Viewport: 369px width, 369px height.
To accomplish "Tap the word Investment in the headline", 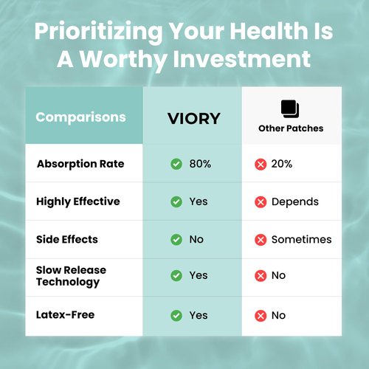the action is pyautogui.click(x=242, y=59).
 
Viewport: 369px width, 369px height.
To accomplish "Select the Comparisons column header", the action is pyautogui.click(x=80, y=117).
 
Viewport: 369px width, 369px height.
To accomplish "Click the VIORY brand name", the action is pyautogui.click(x=194, y=119).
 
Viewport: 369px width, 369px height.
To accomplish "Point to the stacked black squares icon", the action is pyautogui.click(x=290, y=109).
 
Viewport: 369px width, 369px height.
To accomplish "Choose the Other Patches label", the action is pyautogui.click(x=291, y=128).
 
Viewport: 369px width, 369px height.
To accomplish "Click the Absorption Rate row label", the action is pyautogui.click(x=80, y=164).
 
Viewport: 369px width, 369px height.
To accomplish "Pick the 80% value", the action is pyautogui.click(x=200, y=164).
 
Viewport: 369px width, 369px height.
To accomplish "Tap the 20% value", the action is pyautogui.click(x=282, y=164).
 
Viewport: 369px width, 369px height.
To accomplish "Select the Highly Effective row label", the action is pyautogui.click(x=78, y=201).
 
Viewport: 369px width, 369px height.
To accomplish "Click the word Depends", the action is pyautogui.click(x=295, y=202).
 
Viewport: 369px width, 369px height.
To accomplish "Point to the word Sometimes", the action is pyautogui.click(x=302, y=239).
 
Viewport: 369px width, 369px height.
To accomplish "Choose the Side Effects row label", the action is pyautogui.click(x=67, y=239).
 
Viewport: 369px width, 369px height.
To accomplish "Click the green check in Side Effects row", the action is pyautogui.click(x=176, y=240).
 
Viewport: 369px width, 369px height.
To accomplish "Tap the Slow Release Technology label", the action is pyautogui.click(x=71, y=276).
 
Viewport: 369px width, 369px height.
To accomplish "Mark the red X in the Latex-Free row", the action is pyautogui.click(x=261, y=316).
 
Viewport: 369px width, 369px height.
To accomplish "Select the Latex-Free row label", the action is pyautogui.click(x=65, y=315).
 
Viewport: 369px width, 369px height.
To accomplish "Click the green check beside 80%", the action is pyautogui.click(x=176, y=164).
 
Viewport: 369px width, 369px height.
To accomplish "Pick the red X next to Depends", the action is pyautogui.click(x=261, y=202).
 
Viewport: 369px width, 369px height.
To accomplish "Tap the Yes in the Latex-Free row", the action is pyautogui.click(x=199, y=315).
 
